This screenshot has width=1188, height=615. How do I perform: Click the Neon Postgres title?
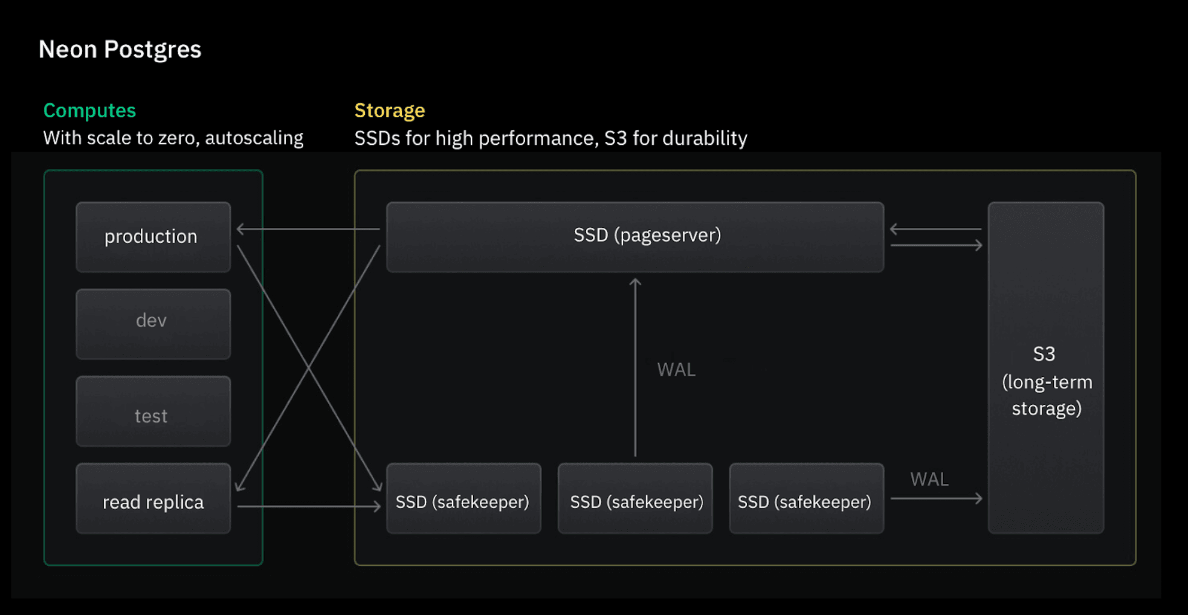pyautogui.click(x=120, y=50)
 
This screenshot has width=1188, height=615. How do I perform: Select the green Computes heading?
pyautogui.click(x=89, y=111)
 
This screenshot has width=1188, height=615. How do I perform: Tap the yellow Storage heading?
pyautogui.click(x=389, y=111)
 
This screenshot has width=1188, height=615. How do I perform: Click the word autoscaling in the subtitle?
pyautogui.click(x=254, y=138)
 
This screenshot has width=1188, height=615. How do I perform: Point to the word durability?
pyautogui.click(x=705, y=138)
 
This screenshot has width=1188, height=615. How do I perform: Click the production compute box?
pyautogui.click(x=153, y=237)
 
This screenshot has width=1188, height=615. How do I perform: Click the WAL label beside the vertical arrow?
pyautogui.click(x=676, y=370)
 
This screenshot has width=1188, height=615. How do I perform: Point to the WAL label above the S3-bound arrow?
pyautogui.click(x=929, y=479)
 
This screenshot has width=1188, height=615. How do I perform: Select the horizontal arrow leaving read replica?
pyautogui.click(x=308, y=506)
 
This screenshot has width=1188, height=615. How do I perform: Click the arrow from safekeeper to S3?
pyautogui.click(x=935, y=498)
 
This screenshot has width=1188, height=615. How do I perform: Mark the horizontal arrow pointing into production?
pyautogui.click(x=308, y=229)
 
